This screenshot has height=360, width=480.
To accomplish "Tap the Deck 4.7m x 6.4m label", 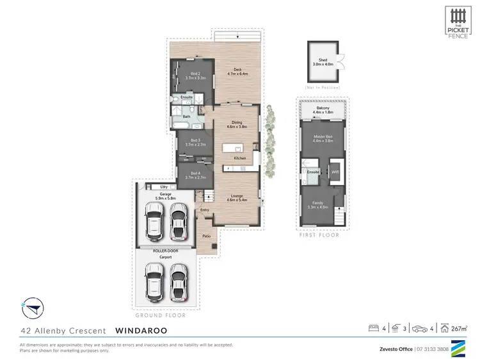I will tap(237, 72).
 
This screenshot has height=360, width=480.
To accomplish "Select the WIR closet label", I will tap(334, 172).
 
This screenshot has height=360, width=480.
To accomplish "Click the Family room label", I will tap(317, 204).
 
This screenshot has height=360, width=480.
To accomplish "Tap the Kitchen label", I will tap(240, 158).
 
